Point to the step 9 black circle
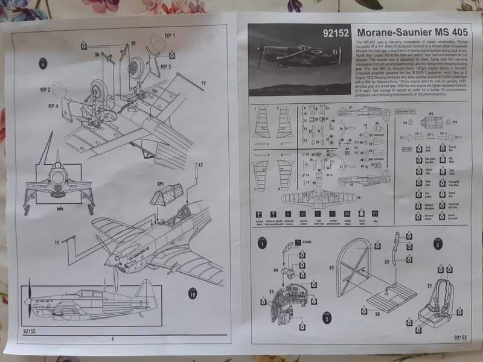point(43,65)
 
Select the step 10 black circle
point(191,295)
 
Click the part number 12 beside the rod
point(203,83)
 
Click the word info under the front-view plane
point(59,210)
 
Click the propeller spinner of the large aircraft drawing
point(109,262)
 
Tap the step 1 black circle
point(262,244)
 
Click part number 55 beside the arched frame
point(331,266)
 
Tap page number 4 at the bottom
point(113,339)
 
